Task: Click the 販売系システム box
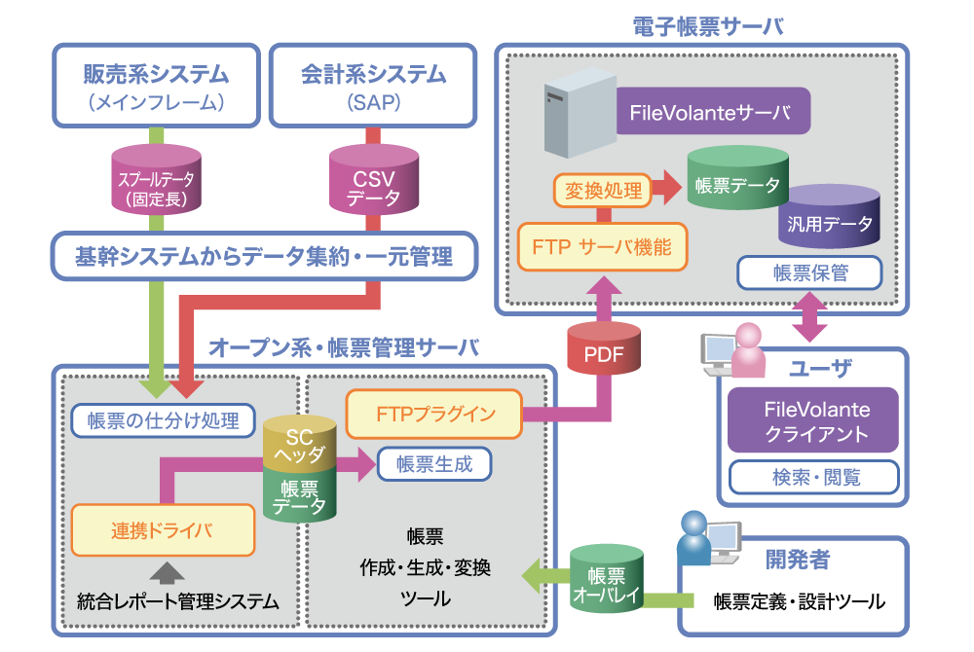[x=157, y=85]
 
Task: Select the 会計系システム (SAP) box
[x=373, y=85]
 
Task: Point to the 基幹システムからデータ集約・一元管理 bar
[x=264, y=257]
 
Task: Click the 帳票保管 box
[x=810, y=273]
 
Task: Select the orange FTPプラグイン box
[x=434, y=414]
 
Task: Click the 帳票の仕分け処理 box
[x=163, y=420]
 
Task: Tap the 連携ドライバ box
[x=162, y=530]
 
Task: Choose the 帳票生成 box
[x=434, y=464]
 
